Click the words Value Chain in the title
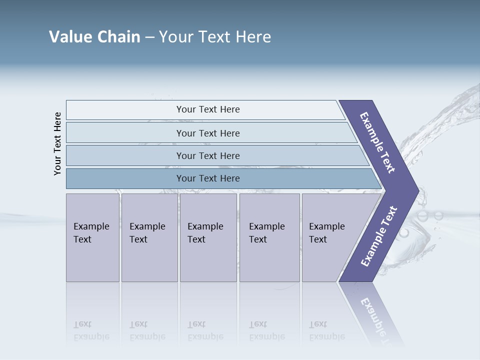coord(94,37)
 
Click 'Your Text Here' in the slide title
coord(215,37)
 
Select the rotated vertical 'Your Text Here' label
coord(58,143)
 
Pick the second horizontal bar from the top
coord(207,133)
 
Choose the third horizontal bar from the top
coord(207,155)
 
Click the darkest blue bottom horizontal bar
coord(207,178)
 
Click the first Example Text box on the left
coord(92,237)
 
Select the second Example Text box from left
coord(149,237)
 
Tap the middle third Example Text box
coord(208,237)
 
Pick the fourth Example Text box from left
coord(269,237)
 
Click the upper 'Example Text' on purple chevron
coord(377,142)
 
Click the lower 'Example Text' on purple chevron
coord(379,236)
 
